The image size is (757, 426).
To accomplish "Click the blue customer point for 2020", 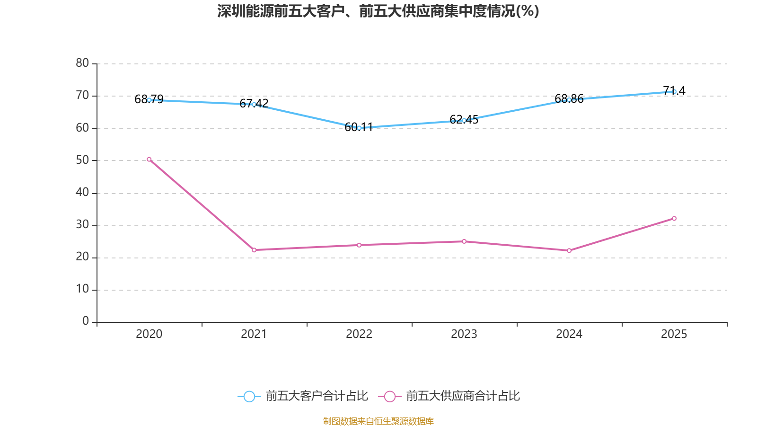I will click(149, 100).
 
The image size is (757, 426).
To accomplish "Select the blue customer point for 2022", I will click(359, 128).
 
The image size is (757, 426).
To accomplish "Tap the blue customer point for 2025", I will click(674, 91).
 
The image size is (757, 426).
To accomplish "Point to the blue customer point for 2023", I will click(464, 120).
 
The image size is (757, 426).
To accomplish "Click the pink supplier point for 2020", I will click(149, 160).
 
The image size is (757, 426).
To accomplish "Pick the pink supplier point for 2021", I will click(254, 250).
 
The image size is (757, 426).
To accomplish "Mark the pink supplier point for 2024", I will click(569, 250).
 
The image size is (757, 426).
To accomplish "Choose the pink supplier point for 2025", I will click(674, 218).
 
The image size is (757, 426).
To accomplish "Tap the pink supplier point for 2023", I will click(464, 241).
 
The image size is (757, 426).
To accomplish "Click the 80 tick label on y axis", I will click(82, 63).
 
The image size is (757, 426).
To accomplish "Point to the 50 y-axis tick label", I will click(82, 160).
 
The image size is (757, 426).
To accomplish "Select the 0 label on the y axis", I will click(86, 321).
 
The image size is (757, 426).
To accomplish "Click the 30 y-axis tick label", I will click(82, 225).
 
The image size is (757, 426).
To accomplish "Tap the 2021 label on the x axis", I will click(254, 334).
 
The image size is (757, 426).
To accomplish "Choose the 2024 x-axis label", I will click(569, 334).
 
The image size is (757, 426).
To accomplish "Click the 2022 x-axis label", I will click(359, 334).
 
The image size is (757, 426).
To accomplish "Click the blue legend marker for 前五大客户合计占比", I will click(249, 396).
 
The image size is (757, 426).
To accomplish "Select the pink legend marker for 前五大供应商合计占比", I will click(389, 396).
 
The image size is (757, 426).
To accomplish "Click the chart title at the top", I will click(378, 11).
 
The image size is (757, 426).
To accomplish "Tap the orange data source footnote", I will click(378, 421).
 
